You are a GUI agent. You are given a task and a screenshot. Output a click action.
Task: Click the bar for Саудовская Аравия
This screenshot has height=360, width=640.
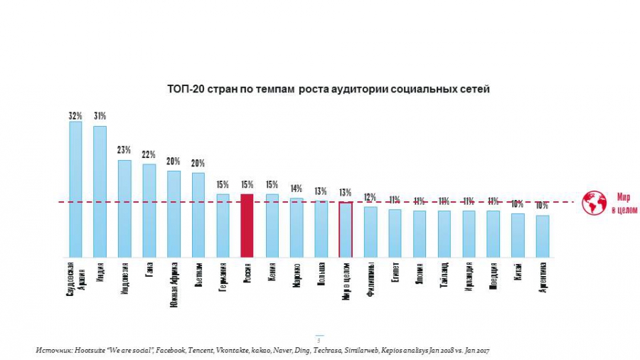tap(75, 189)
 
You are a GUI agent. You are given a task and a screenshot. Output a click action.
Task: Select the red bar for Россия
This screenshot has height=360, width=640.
tap(247, 225)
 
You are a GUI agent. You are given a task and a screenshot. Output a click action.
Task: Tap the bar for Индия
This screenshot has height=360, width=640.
tap(100, 191)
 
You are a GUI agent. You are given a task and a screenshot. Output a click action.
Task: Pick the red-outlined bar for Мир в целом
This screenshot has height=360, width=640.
tap(346, 229)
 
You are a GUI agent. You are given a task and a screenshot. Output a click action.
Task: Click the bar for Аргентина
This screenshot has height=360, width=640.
tap(543, 235)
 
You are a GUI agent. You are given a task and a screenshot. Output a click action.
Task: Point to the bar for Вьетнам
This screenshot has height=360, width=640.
tap(198, 214)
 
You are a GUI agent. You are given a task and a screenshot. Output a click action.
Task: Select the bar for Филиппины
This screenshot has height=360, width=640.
tap(370, 231)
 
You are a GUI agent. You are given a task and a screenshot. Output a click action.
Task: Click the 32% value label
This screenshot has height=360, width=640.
tap(75, 115)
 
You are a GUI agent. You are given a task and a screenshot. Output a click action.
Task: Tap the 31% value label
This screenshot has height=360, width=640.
tap(100, 116)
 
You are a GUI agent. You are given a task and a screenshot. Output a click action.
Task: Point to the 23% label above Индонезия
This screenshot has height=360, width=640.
tap(124, 150)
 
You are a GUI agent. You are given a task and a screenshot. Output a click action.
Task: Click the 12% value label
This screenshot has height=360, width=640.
tap(370, 197)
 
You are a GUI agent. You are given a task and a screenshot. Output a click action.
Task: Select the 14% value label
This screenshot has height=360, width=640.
tap(297, 189)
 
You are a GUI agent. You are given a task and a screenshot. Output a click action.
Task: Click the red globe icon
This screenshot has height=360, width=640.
tap(592, 202)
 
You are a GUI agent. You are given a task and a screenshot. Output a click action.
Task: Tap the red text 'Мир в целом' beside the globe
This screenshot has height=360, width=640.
tap(622, 202)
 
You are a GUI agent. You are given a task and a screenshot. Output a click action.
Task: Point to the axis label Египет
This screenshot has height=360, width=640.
tap(395, 272)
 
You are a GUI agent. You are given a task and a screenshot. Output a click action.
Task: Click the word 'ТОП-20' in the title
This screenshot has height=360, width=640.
tap(185, 90)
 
